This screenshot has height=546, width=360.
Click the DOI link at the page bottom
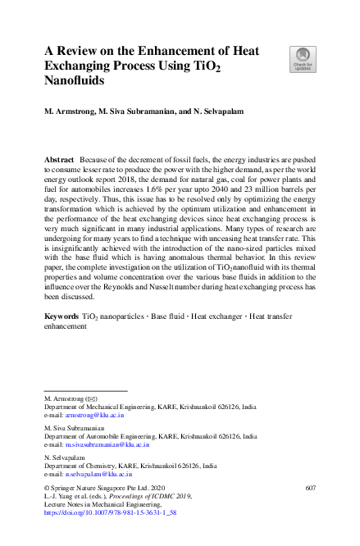click(115, 512)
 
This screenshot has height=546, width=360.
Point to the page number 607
click(310, 489)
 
